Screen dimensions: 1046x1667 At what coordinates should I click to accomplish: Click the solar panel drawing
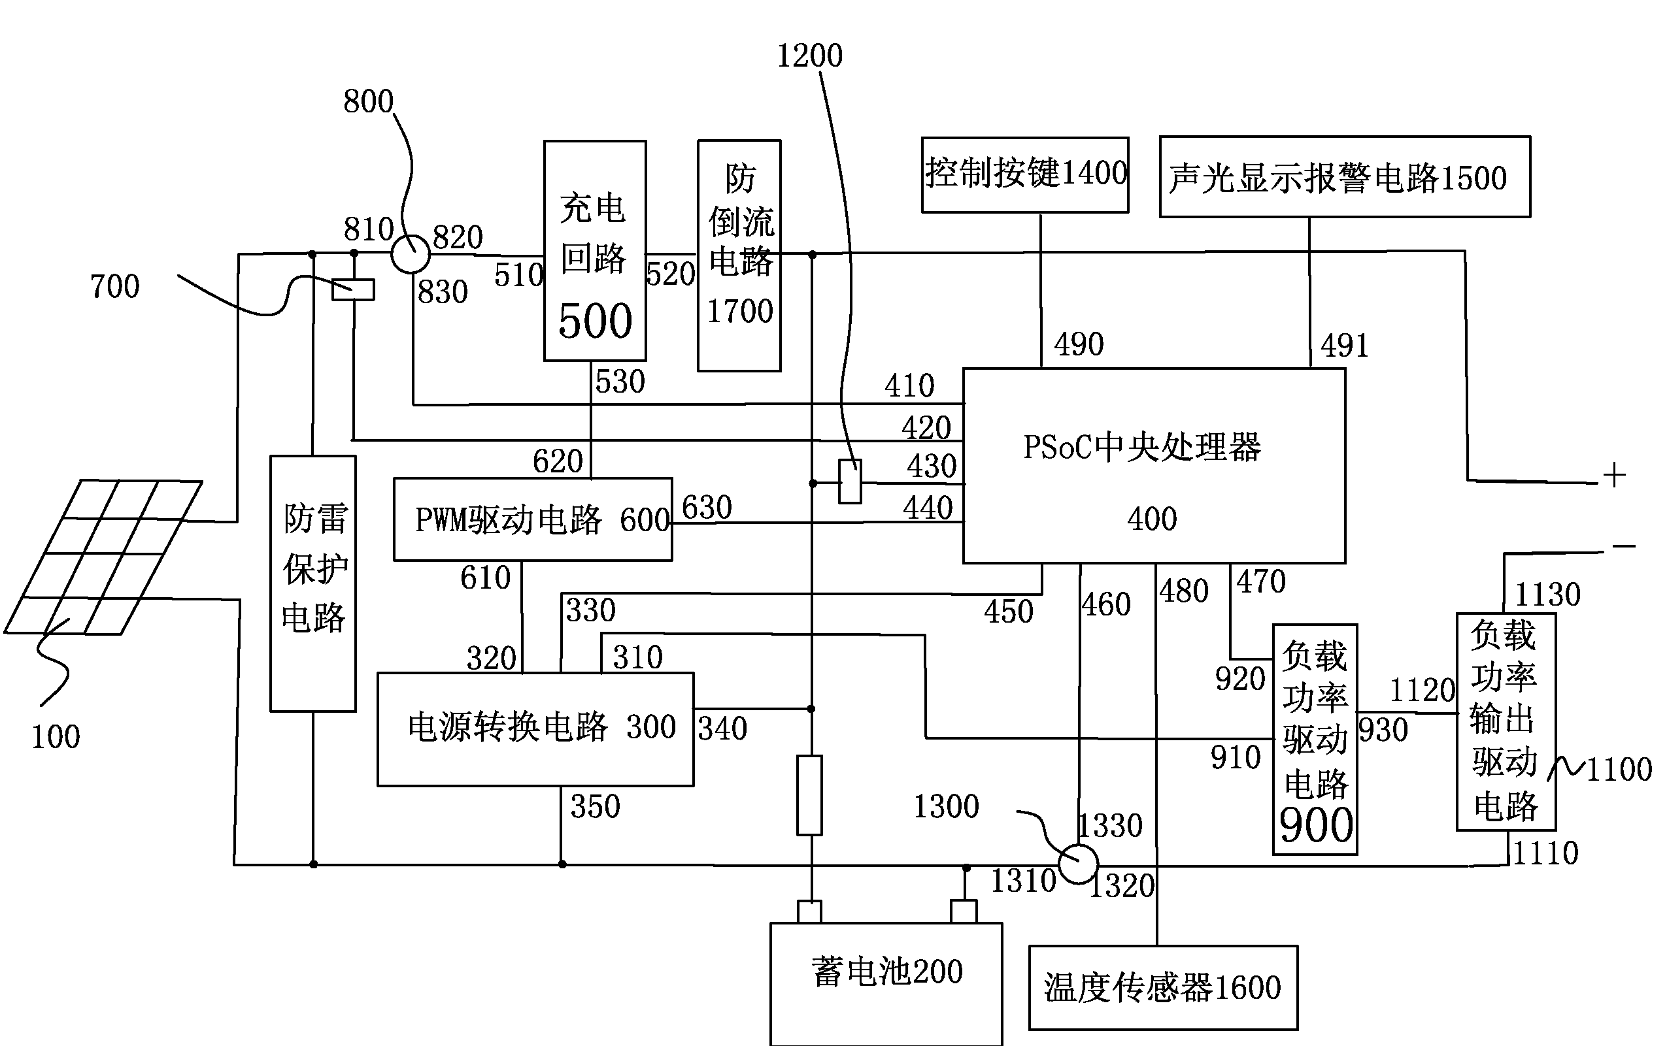(104, 557)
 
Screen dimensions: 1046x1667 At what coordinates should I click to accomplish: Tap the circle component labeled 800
(411, 254)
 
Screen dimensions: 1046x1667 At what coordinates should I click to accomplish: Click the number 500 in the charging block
(595, 321)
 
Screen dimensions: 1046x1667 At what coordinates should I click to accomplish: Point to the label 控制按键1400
(1026, 173)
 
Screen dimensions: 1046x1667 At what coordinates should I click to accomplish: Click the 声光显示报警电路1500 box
(1344, 177)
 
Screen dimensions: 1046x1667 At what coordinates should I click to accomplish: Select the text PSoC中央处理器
(1142, 448)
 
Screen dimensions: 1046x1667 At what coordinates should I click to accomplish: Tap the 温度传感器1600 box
(1162, 987)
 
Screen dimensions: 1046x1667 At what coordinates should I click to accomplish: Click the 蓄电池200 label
(886, 972)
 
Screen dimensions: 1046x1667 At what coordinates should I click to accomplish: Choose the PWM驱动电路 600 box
(532, 519)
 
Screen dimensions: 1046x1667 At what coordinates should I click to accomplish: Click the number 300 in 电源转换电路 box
(650, 727)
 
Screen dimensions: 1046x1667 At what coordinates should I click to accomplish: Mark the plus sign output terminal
(1613, 476)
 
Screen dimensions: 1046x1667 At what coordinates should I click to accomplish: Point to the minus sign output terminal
(1623, 547)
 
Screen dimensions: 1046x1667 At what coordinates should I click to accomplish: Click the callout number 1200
(809, 56)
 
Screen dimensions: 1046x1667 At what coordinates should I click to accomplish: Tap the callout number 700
(115, 286)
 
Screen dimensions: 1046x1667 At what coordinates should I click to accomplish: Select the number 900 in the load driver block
(1315, 825)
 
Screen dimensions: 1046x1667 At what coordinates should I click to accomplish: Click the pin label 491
(1345, 346)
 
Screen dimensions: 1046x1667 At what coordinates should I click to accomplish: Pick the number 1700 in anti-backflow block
(739, 311)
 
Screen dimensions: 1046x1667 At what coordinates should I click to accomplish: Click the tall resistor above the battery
(809, 796)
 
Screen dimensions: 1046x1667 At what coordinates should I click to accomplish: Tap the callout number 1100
(1619, 769)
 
